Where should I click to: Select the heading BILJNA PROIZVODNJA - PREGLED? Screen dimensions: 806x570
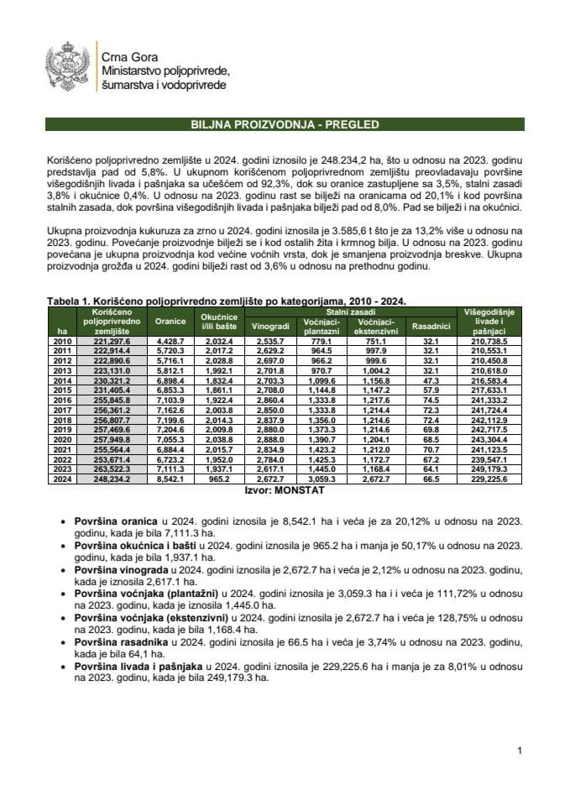[x=285, y=125]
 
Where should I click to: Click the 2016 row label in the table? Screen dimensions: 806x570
[x=60, y=400]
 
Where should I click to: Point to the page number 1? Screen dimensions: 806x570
[x=520, y=750]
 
